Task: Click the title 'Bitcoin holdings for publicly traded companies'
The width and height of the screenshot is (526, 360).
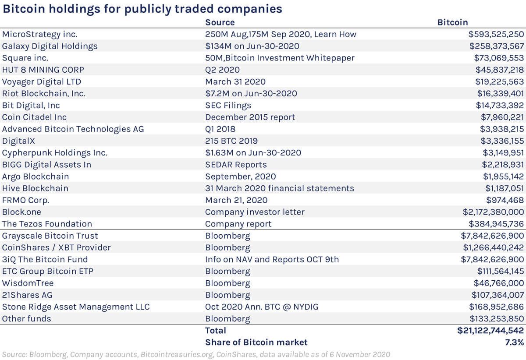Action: (x=142, y=9)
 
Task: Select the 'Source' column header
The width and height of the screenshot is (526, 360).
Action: (x=220, y=22)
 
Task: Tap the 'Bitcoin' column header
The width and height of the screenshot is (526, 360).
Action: (x=453, y=22)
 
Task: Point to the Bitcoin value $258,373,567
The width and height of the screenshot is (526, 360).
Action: (x=497, y=46)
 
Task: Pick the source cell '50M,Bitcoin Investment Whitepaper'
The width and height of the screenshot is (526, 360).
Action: (x=280, y=58)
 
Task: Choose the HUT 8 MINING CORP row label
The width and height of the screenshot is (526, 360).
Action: (x=43, y=70)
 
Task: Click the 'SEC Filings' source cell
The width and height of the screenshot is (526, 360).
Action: (x=228, y=105)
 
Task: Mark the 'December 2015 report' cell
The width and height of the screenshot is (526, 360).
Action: (x=250, y=117)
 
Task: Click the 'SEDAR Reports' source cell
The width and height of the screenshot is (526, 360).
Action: (x=236, y=165)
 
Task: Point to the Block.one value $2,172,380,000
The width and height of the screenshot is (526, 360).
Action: (x=493, y=212)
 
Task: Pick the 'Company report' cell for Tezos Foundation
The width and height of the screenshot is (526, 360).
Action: (x=238, y=224)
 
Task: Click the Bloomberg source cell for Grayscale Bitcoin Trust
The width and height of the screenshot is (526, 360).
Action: (x=227, y=236)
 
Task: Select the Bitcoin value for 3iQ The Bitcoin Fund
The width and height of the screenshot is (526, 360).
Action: (x=492, y=259)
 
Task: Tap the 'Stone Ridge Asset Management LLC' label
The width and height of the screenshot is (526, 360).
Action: (x=76, y=307)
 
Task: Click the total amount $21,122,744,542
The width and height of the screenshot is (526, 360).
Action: (x=490, y=331)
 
